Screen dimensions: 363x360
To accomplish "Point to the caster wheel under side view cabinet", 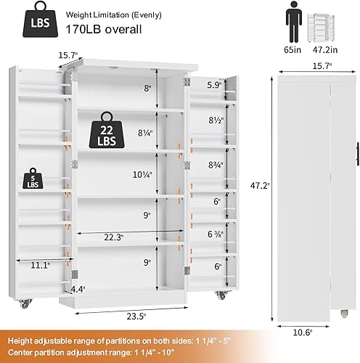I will coord(343,314).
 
